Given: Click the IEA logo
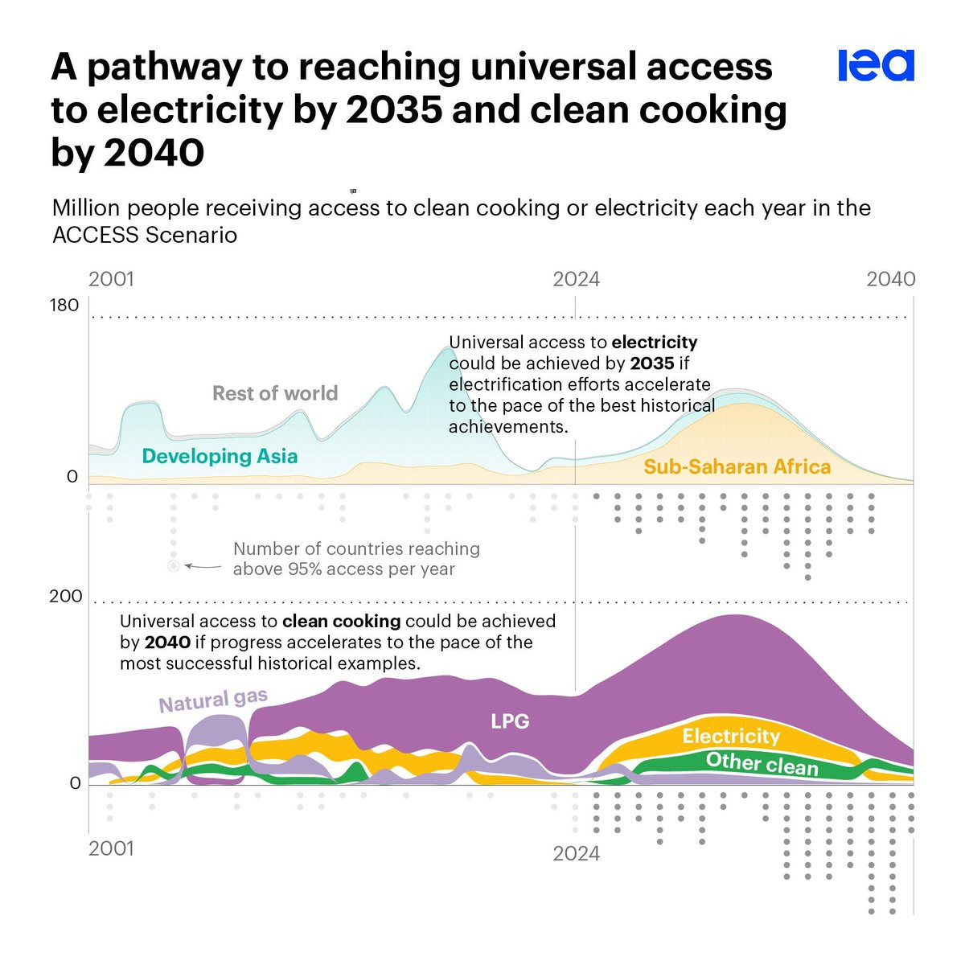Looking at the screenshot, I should pyautogui.click(x=876, y=66).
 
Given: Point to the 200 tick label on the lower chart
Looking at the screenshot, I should pyautogui.click(x=65, y=596).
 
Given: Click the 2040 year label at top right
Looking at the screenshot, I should pyautogui.click(x=890, y=279).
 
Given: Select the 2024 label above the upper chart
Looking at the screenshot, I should pyautogui.click(x=576, y=279).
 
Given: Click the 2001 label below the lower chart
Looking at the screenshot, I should pyautogui.click(x=111, y=848).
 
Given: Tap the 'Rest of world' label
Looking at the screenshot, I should pyautogui.click(x=275, y=393).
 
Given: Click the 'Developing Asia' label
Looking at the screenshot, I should pyautogui.click(x=220, y=456).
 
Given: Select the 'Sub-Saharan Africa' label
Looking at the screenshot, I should pyautogui.click(x=737, y=466).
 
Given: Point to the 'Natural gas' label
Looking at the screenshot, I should pyautogui.click(x=213, y=700).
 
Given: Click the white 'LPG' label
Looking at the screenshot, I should pyautogui.click(x=510, y=721).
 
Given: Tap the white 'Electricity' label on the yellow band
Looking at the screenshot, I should pyautogui.click(x=731, y=736).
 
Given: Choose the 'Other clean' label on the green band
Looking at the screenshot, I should pyautogui.click(x=762, y=763).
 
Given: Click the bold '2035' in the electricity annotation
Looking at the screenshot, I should pyautogui.click(x=651, y=363).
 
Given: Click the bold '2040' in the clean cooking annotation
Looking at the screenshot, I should pyautogui.click(x=167, y=643).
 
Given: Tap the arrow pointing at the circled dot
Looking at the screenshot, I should pyautogui.click(x=203, y=567).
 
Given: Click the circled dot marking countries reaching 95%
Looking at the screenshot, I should pyautogui.click(x=173, y=566).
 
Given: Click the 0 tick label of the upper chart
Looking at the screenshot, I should pyautogui.click(x=72, y=477).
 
